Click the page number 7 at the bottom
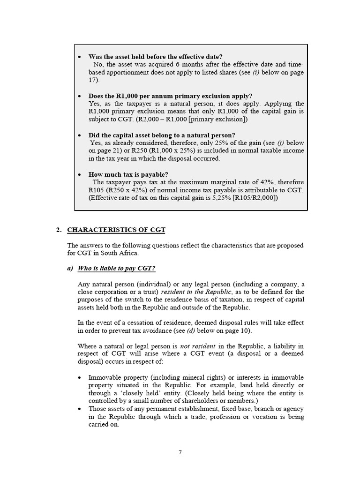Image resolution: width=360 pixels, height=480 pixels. (x=180, y=452)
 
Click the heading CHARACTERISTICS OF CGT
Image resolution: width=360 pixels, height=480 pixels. (x=116, y=230)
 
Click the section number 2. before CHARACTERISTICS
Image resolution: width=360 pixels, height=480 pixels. (x=59, y=230)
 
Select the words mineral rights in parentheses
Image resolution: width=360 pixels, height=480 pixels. (x=184, y=378)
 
